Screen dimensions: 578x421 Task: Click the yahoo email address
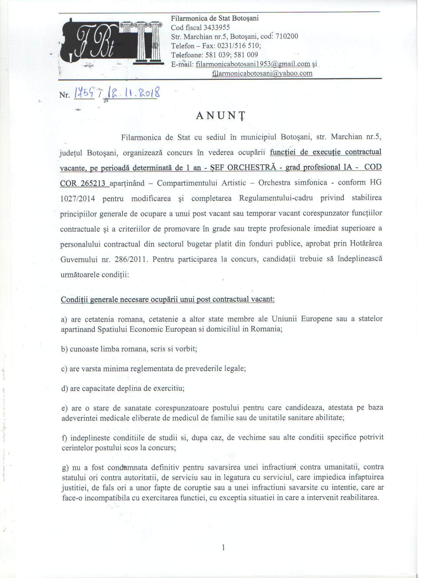[x=262, y=73]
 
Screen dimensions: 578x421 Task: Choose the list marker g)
[x=65, y=467]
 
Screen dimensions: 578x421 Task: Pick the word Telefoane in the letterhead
[x=186, y=55]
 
